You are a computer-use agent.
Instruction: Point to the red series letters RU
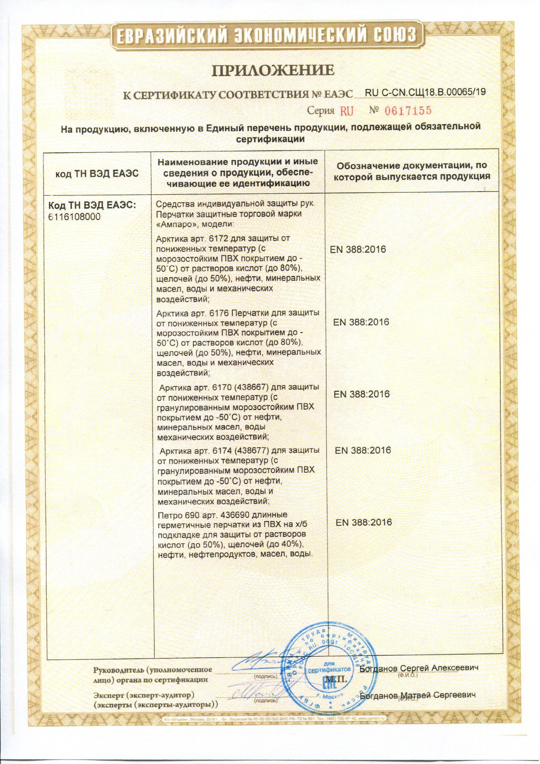tap(346, 110)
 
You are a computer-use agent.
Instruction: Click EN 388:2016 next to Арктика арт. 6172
tap(358, 249)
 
